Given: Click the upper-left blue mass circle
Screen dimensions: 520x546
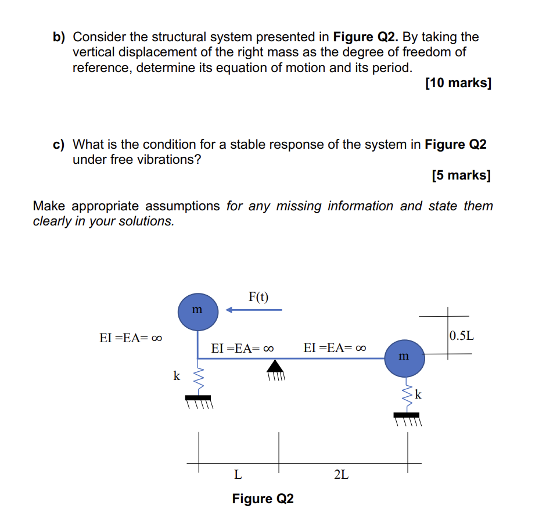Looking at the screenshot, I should tap(198, 311).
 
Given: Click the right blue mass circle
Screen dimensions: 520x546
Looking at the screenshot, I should tap(405, 357).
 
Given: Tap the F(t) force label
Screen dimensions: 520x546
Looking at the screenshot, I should tap(258, 297).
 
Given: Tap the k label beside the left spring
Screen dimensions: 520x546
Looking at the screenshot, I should tap(177, 376).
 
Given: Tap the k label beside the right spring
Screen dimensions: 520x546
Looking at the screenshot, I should tap(418, 395).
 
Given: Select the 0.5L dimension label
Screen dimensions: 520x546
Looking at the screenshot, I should tap(462, 335).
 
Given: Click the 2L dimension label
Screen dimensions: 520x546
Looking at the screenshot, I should tap(342, 475).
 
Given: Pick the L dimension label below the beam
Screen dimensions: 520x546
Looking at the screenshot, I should tap(238, 475).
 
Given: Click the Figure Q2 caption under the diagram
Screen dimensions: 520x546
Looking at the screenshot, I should tap(263, 499).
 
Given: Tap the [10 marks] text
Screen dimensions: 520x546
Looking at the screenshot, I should tap(458, 83).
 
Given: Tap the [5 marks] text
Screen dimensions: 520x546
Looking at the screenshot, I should tap(461, 175).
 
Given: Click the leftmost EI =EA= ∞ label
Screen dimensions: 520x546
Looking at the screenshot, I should tap(130, 338).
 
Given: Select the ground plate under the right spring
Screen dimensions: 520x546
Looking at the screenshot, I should tap(407, 415).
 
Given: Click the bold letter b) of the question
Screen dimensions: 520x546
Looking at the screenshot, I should tap(59, 37).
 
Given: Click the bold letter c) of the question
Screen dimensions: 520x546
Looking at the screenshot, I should tap(59, 144).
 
